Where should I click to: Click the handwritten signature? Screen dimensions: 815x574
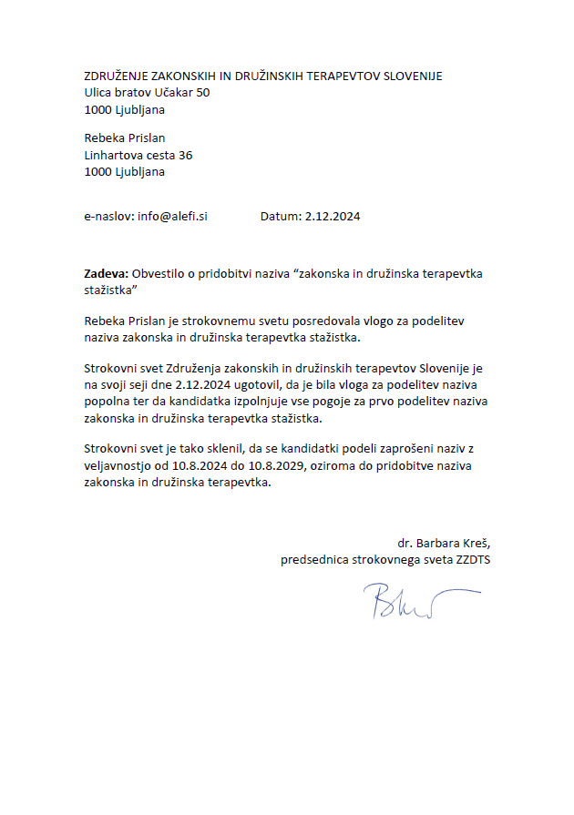click(420, 600)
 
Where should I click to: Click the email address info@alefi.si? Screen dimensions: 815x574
click(172, 217)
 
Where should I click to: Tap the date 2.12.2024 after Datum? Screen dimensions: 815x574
click(333, 217)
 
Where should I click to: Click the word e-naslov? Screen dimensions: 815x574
click(108, 217)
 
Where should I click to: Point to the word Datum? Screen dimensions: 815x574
click(281, 217)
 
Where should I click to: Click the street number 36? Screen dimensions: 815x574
click(185, 155)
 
